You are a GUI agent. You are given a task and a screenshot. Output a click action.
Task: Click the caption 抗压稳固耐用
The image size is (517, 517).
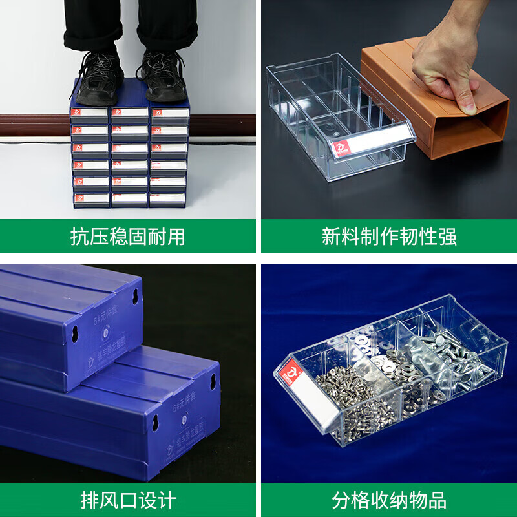tap(127, 237)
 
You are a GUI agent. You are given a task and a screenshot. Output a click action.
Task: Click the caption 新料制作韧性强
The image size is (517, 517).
tap(389, 237)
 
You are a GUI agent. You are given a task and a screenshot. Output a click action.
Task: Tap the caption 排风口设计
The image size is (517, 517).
tap(127, 500)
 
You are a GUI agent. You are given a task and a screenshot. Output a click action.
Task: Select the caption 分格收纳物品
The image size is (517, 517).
tap(389, 500)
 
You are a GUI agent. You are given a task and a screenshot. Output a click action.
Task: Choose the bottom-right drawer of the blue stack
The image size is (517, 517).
tap(169, 198)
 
